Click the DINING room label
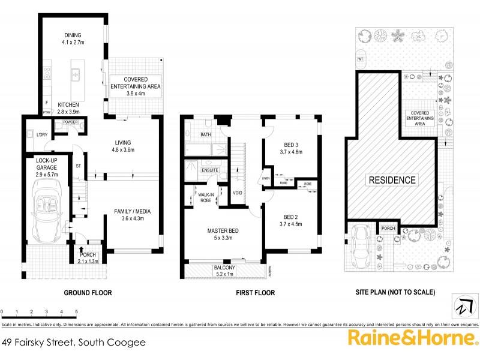point(71,35)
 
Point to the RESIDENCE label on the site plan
point(392,180)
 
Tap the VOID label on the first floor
point(238,193)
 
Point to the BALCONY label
point(224,268)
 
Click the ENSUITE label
point(209,170)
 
